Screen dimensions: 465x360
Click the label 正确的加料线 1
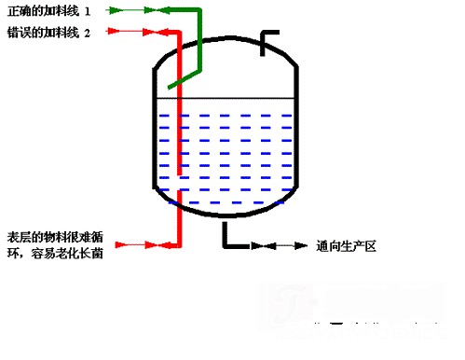click(x=48, y=11)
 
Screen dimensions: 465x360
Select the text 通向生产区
click(x=345, y=247)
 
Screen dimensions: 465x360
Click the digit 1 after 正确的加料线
click(x=88, y=11)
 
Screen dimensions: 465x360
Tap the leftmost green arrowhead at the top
click(x=114, y=11)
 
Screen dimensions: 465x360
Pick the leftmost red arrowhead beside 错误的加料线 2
click(x=114, y=32)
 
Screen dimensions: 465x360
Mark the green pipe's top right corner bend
click(x=198, y=12)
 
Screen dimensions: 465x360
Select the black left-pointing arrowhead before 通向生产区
click(x=300, y=247)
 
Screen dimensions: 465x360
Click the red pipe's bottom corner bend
click(x=178, y=246)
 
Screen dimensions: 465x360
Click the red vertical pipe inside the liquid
click(x=178, y=149)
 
